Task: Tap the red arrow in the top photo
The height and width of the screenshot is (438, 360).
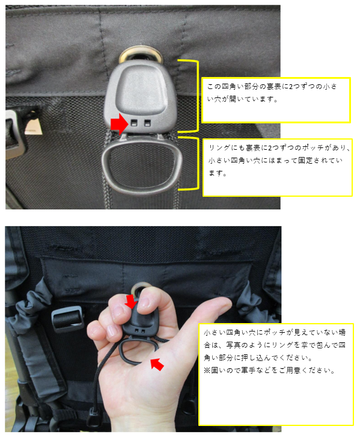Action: [119, 124]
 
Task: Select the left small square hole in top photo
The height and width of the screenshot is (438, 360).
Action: [135, 123]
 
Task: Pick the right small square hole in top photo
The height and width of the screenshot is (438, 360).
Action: [147, 123]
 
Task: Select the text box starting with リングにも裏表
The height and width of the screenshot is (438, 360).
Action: [277, 166]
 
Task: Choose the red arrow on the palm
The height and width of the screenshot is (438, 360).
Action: [157, 364]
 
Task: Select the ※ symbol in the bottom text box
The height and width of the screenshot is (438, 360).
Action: [207, 371]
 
